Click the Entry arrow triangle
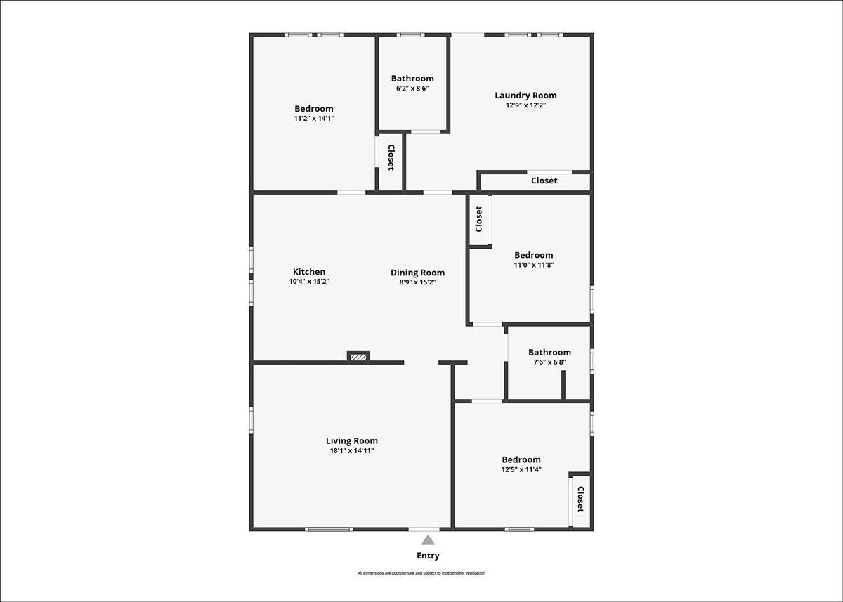(428, 541)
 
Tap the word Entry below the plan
(428, 556)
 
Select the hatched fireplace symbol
(358, 357)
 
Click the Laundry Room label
(525, 96)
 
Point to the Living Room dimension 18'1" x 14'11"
(352, 450)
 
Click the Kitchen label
(309, 272)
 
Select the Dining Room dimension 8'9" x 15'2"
(418, 282)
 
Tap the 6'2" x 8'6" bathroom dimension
(412, 89)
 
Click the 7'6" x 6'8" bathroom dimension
(549, 362)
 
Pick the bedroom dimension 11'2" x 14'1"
(314, 119)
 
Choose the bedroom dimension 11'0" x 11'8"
(534, 265)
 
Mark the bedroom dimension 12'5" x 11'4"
(521, 469)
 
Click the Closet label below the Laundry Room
(544, 181)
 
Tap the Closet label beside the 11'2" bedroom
(391, 157)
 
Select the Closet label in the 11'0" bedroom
(478, 219)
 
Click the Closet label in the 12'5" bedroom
(580, 499)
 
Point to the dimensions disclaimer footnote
(421, 573)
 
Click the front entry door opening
(424, 529)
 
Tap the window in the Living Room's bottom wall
(329, 529)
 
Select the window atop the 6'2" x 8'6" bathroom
(410, 35)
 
